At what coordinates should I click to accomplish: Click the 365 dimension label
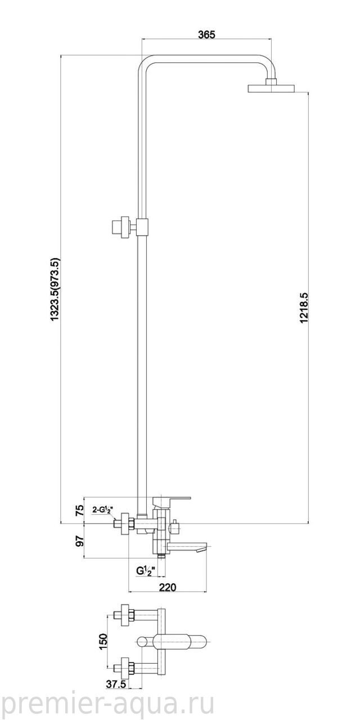coord(206,34)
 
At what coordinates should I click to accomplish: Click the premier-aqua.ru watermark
coord(107,700)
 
